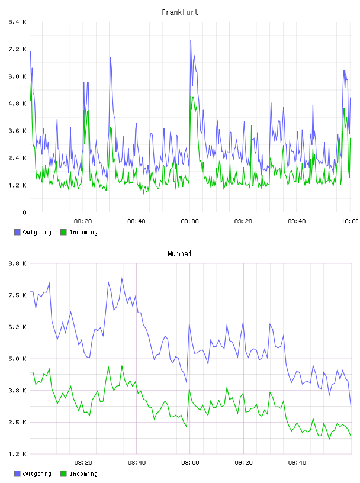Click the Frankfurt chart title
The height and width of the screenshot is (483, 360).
[x=180, y=12]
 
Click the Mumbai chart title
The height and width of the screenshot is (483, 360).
[x=179, y=254]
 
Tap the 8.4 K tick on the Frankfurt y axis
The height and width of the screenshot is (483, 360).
[x=17, y=22]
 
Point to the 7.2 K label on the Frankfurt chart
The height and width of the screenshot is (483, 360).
[x=17, y=49]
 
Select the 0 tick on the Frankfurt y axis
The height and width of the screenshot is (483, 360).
[x=24, y=212]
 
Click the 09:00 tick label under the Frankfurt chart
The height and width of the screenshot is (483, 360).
[x=190, y=221]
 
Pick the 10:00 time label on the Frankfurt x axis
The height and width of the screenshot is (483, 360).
[x=349, y=221]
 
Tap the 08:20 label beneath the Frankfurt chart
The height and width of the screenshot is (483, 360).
[x=83, y=221]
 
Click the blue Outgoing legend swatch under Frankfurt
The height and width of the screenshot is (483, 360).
[x=17, y=232]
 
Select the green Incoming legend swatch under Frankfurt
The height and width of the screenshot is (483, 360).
[x=63, y=232]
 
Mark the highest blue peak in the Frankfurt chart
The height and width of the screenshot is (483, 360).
[x=191, y=40]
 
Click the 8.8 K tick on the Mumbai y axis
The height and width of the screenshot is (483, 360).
[x=17, y=263]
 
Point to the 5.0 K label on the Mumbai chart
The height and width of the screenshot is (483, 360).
[x=17, y=359]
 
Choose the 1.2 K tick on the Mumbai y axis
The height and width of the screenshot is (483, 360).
[x=17, y=454]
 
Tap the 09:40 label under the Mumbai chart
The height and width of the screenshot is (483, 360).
[x=297, y=463]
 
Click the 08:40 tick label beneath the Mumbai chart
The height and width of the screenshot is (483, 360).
[x=137, y=463]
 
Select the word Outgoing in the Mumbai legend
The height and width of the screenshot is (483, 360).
[x=37, y=474]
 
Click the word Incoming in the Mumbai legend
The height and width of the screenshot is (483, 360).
[x=83, y=474]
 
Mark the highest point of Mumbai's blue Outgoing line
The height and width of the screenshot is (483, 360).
[x=122, y=278]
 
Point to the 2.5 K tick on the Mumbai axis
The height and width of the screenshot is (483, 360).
[x=17, y=422]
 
